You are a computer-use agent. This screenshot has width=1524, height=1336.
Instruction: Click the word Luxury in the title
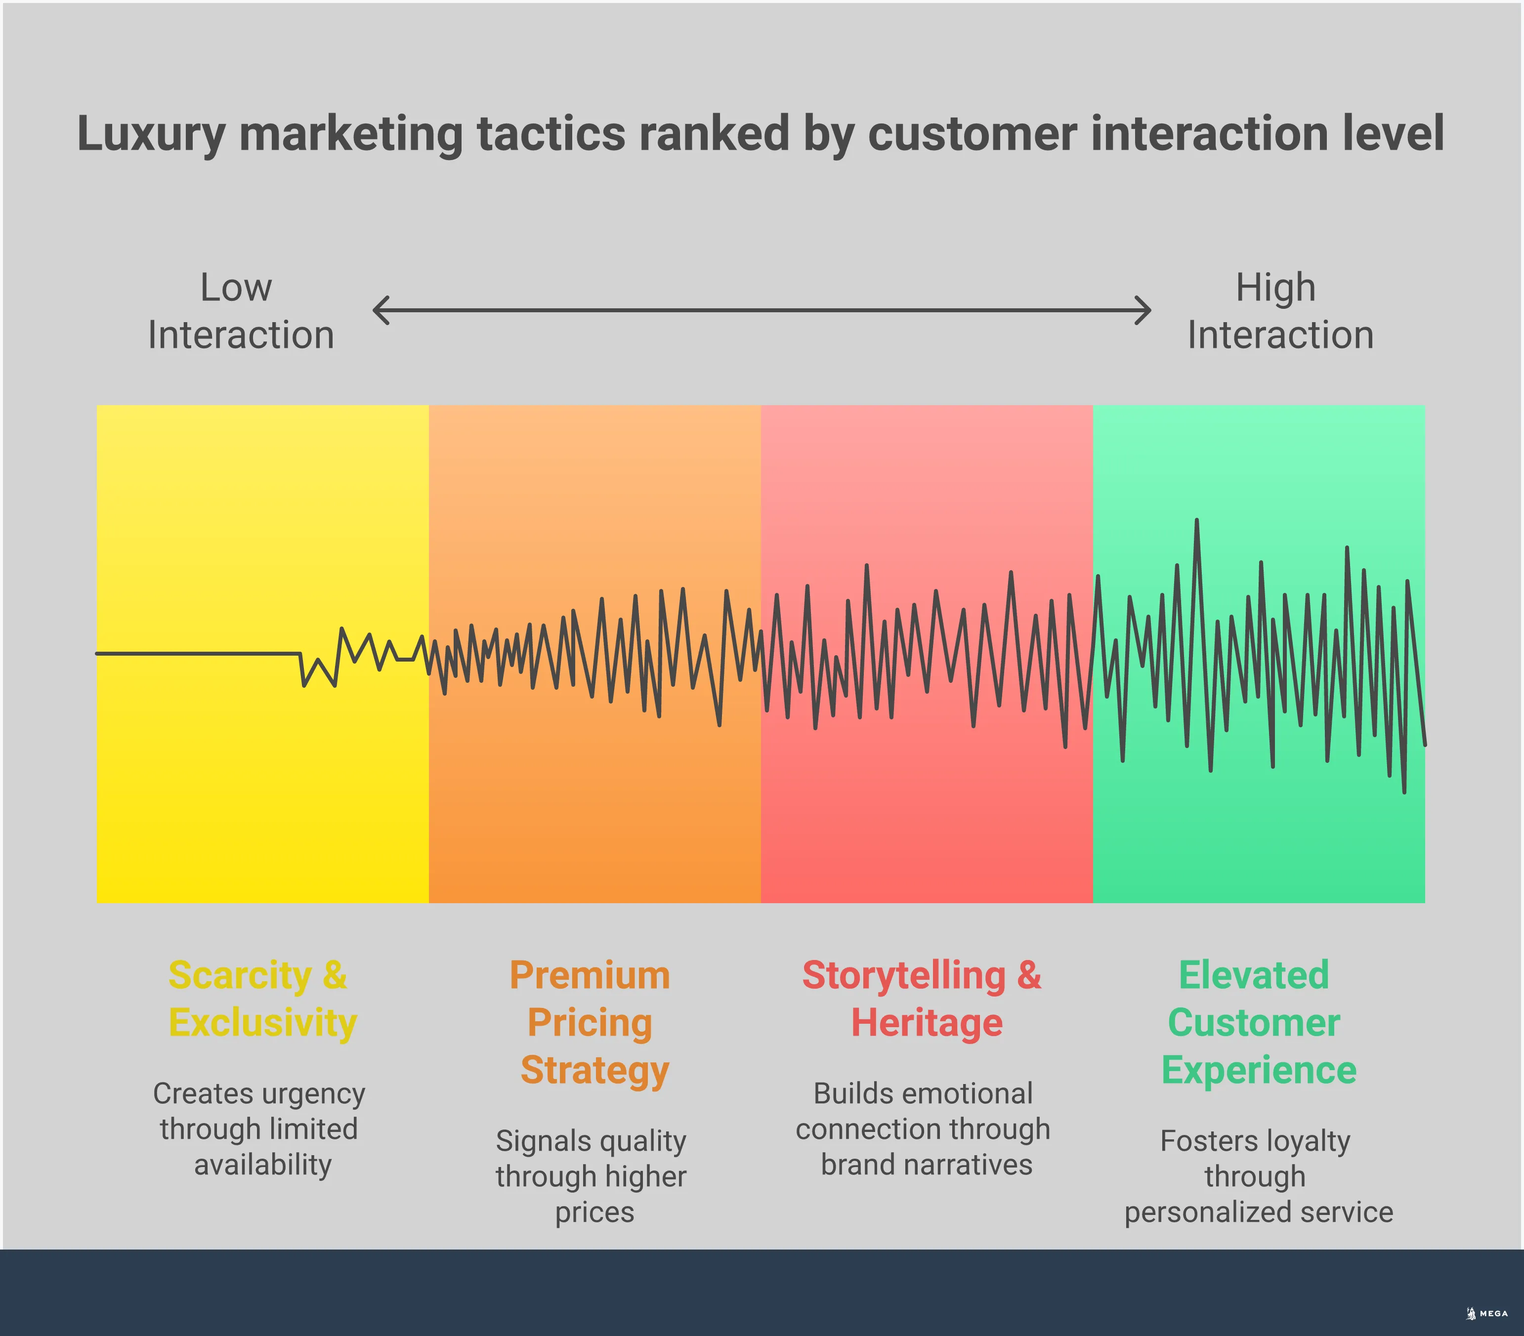pyautogui.click(x=151, y=135)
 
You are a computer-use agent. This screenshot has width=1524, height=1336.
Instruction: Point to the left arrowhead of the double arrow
pyautogui.click(x=380, y=310)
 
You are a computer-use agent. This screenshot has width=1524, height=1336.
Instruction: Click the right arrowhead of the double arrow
pyautogui.click(x=1143, y=310)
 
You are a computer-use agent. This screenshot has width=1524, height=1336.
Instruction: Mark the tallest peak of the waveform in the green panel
pyautogui.click(x=1197, y=522)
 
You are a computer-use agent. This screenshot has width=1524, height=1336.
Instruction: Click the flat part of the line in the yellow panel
pyautogui.click(x=198, y=653)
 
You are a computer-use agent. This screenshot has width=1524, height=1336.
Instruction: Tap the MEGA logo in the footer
pyautogui.click(x=1487, y=1313)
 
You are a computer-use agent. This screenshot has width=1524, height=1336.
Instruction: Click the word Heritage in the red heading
pyautogui.click(x=927, y=1022)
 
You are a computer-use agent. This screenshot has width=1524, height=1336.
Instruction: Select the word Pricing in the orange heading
pyautogui.click(x=590, y=1022)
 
